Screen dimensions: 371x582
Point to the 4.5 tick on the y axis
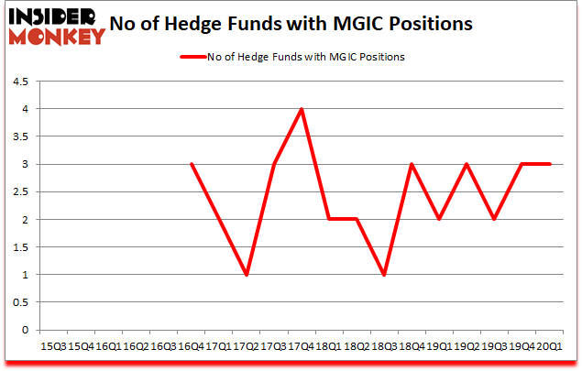pyautogui.click(x=19, y=82)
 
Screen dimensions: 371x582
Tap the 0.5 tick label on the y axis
pyautogui.click(x=19, y=302)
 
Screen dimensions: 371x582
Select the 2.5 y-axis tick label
pyautogui.click(x=19, y=192)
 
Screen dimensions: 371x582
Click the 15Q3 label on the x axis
pyautogui.click(x=53, y=345)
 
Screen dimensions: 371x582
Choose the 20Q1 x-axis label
pyautogui.click(x=550, y=345)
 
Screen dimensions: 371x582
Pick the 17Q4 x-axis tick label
pyautogui.click(x=302, y=345)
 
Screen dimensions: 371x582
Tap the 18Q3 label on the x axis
pyautogui.click(x=384, y=345)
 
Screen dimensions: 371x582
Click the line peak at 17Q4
pyautogui.click(x=302, y=109)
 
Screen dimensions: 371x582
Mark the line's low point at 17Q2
pyautogui.click(x=247, y=275)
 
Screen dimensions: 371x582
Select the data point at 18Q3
pyautogui.click(x=384, y=275)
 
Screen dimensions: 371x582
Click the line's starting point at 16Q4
pyautogui.click(x=192, y=165)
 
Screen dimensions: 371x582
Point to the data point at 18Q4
pyautogui.click(x=412, y=165)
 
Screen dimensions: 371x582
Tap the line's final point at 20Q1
pyautogui.click(x=550, y=165)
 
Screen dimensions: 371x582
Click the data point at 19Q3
pyautogui.click(x=494, y=220)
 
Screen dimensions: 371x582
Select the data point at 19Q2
pyautogui.click(x=467, y=165)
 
